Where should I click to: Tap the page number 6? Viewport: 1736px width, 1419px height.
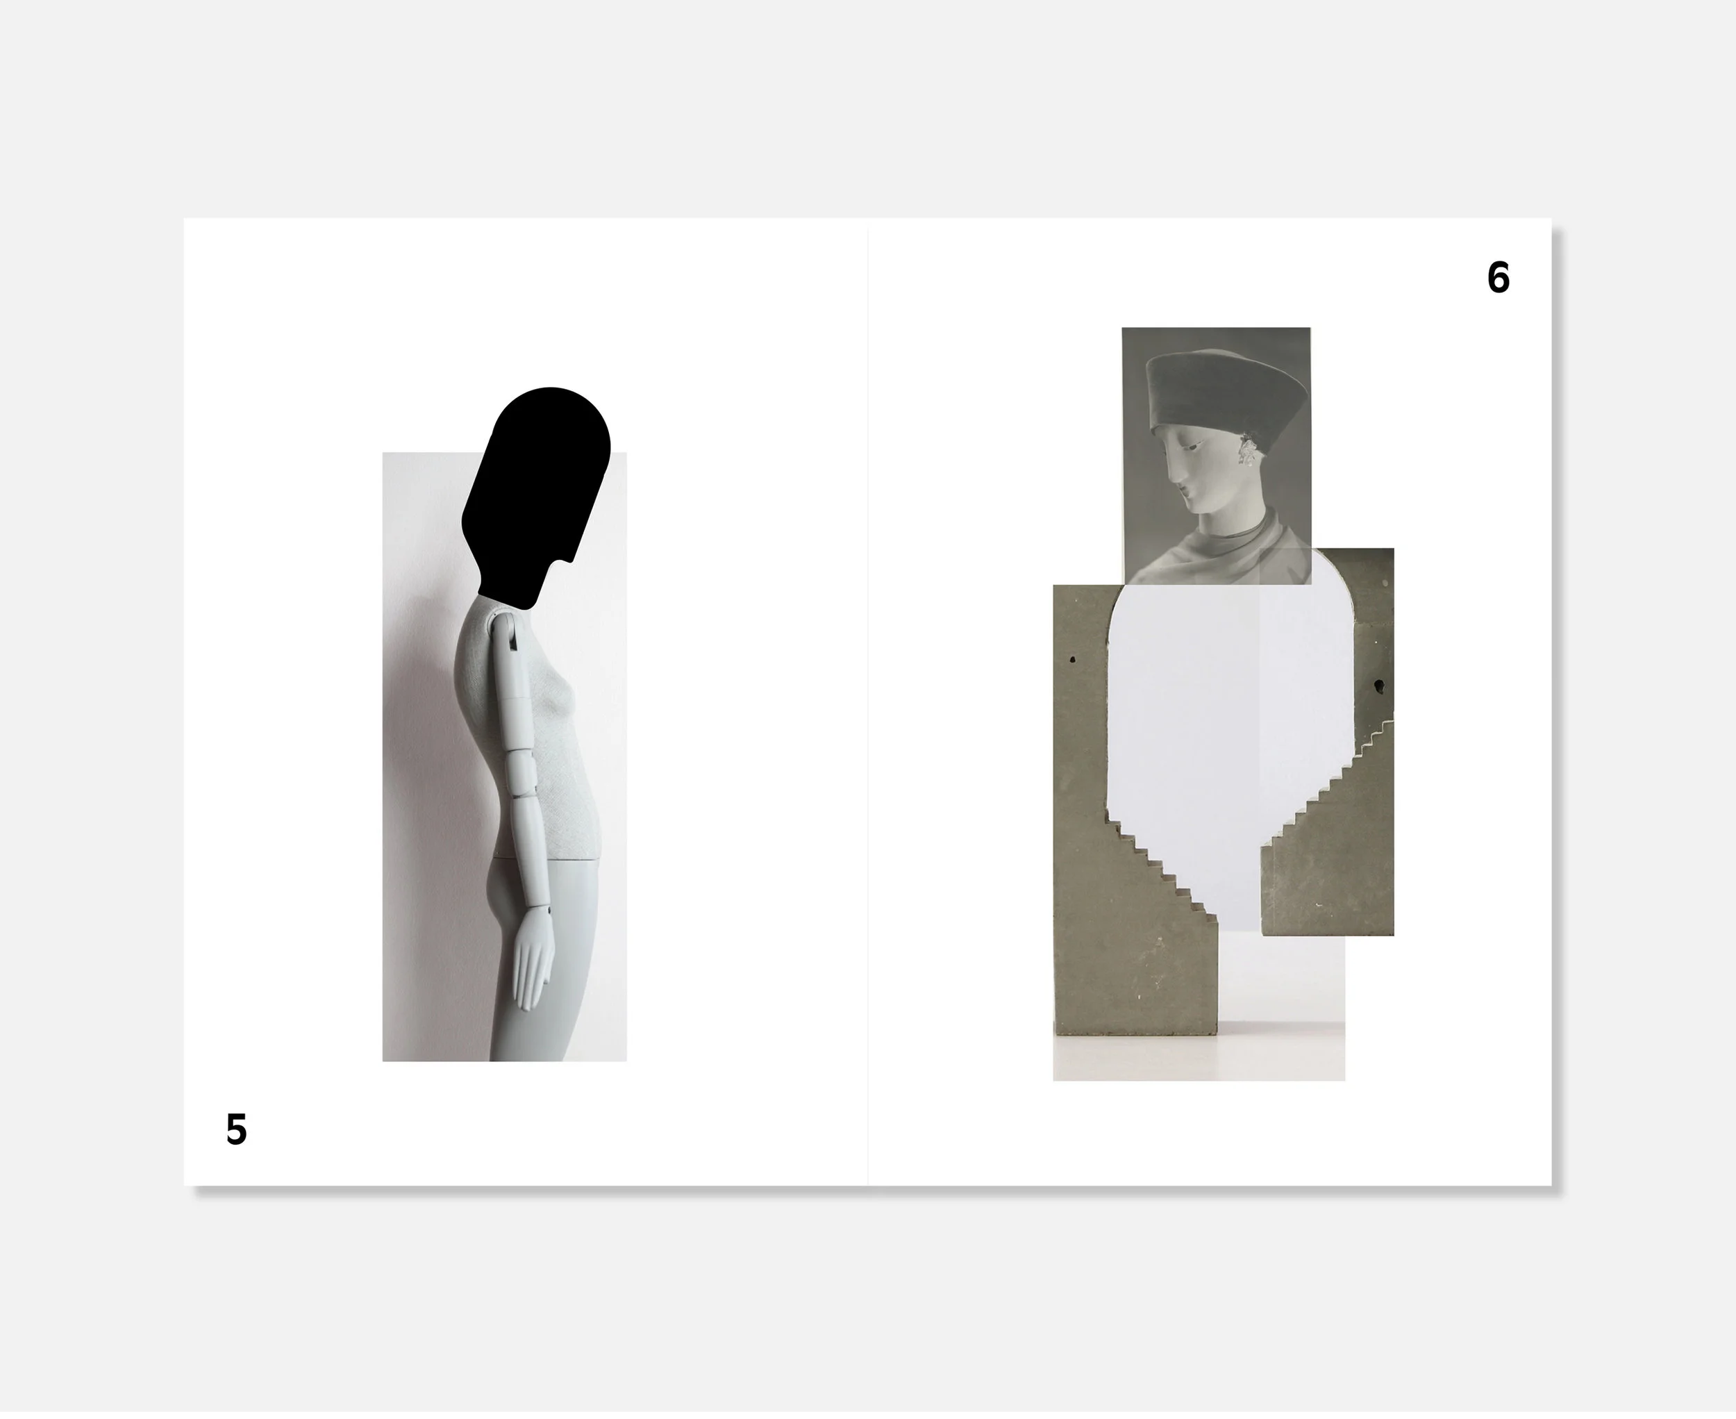(x=1498, y=278)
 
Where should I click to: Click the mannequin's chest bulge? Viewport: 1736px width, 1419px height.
(x=566, y=699)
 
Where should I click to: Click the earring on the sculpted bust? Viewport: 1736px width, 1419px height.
(x=1249, y=448)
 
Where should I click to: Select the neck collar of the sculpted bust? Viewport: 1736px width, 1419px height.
(x=1234, y=536)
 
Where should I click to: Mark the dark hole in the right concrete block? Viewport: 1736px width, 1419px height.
(x=1379, y=685)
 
